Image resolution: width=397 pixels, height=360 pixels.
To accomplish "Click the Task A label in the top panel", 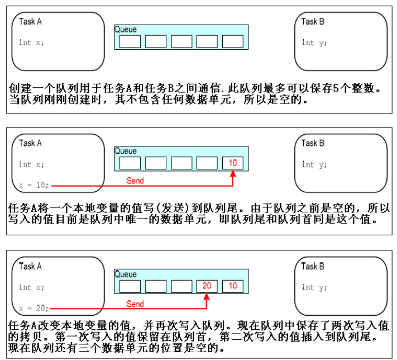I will click(31, 22).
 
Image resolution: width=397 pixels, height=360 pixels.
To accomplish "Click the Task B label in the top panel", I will click(313, 22).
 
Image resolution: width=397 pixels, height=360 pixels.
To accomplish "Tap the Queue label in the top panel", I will click(126, 29).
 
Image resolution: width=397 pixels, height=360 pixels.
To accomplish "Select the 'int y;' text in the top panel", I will click(312, 42).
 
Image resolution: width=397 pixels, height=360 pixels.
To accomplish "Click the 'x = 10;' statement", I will click(34, 184).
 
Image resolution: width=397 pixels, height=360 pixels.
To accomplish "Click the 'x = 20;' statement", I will click(34, 307).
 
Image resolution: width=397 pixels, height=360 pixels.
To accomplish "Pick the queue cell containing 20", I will click(207, 286).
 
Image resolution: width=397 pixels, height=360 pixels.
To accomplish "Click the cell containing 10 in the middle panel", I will click(233, 163).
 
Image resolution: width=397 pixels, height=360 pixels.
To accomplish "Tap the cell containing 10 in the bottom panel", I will click(233, 286).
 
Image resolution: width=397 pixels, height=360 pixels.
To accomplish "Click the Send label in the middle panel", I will click(135, 181).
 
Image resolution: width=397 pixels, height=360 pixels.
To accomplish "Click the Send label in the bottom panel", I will click(135, 304).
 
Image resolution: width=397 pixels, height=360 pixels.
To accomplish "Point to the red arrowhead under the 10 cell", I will click(233, 175).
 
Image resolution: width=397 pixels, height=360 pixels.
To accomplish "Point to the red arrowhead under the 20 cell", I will click(207, 298).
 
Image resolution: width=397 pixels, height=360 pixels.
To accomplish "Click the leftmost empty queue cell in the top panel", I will click(130, 41).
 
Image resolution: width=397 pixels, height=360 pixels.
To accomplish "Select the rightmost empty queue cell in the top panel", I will click(233, 41).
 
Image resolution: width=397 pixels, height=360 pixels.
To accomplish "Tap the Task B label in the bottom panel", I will click(313, 266).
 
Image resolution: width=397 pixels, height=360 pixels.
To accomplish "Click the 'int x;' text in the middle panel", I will click(31, 164).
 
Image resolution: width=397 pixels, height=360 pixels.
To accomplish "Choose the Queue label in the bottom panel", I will click(126, 274).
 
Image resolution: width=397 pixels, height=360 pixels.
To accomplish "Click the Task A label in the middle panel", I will click(31, 143).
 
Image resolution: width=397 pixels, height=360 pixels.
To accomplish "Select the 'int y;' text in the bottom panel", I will click(312, 287).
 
